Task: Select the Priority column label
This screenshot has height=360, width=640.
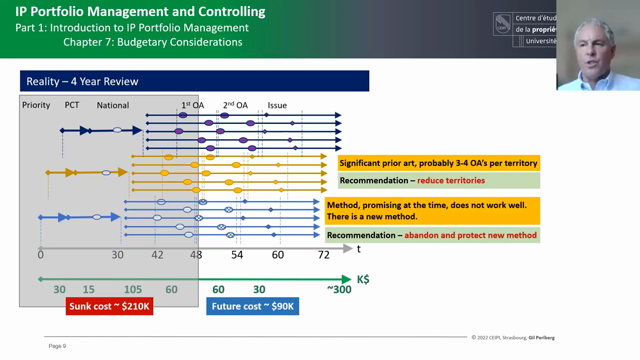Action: coord(36,104)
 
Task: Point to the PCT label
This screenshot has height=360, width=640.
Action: coord(72,104)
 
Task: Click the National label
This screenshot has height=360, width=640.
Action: coord(113,104)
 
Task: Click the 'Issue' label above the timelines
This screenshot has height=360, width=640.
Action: coord(277,104)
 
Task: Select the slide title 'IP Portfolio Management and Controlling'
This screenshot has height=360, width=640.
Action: coord(141,12)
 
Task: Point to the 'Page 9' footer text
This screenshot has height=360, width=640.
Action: coord(57,346)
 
